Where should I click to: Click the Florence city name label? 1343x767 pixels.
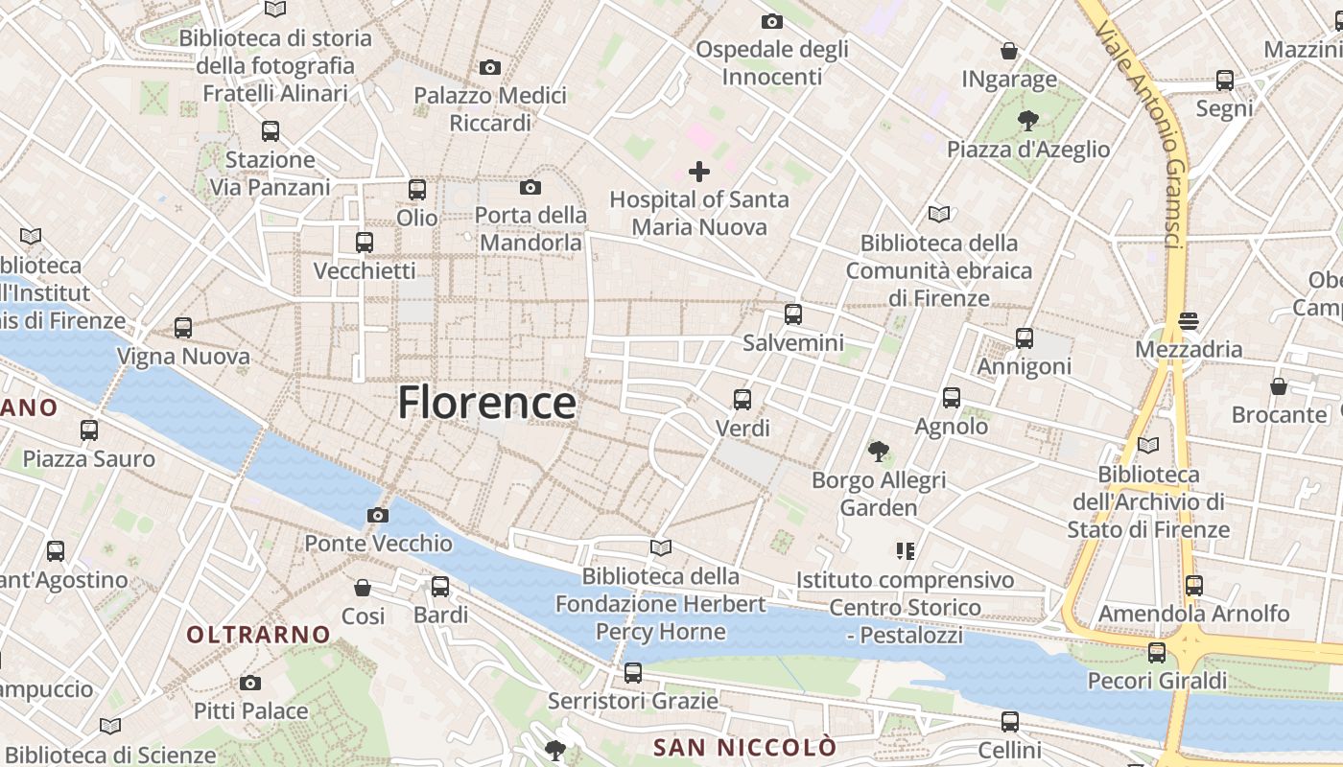click(x=487, y=403)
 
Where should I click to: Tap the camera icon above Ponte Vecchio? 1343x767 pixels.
click(x=378, y=516)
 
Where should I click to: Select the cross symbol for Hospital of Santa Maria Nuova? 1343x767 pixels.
click(x=699, y=172)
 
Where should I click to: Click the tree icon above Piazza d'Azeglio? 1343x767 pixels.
click(x=1027, y=121)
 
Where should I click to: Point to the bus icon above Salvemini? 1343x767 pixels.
click(x=793, y=314)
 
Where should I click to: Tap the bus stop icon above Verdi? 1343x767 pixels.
click(x=742, y=400)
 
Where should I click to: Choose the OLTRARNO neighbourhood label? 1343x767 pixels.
click(x=258, y=635)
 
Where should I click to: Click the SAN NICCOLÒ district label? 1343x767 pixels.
click(x=744, y=747)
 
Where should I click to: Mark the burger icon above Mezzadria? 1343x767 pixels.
click(x=1189, y=321)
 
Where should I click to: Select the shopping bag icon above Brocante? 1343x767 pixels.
click(x=1278, y=386)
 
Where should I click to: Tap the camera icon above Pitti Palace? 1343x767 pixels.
click(x=250, y=683)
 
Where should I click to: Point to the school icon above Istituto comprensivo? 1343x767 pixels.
click(x=905, y=551)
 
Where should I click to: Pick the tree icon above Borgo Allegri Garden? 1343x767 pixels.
click(x=878, y=451)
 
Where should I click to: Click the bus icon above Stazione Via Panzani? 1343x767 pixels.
click(x=271, y=131)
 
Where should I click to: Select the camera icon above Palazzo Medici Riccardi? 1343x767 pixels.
click(x=490, y=67)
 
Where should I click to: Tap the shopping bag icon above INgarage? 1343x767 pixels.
click(x=1009, y=51)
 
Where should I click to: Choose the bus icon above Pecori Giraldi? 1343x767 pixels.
click(x=1157, y=653)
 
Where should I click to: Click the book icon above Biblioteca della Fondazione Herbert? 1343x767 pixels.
click(x=661, y=547)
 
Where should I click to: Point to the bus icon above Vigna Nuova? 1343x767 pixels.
click(x=183, y=328)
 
